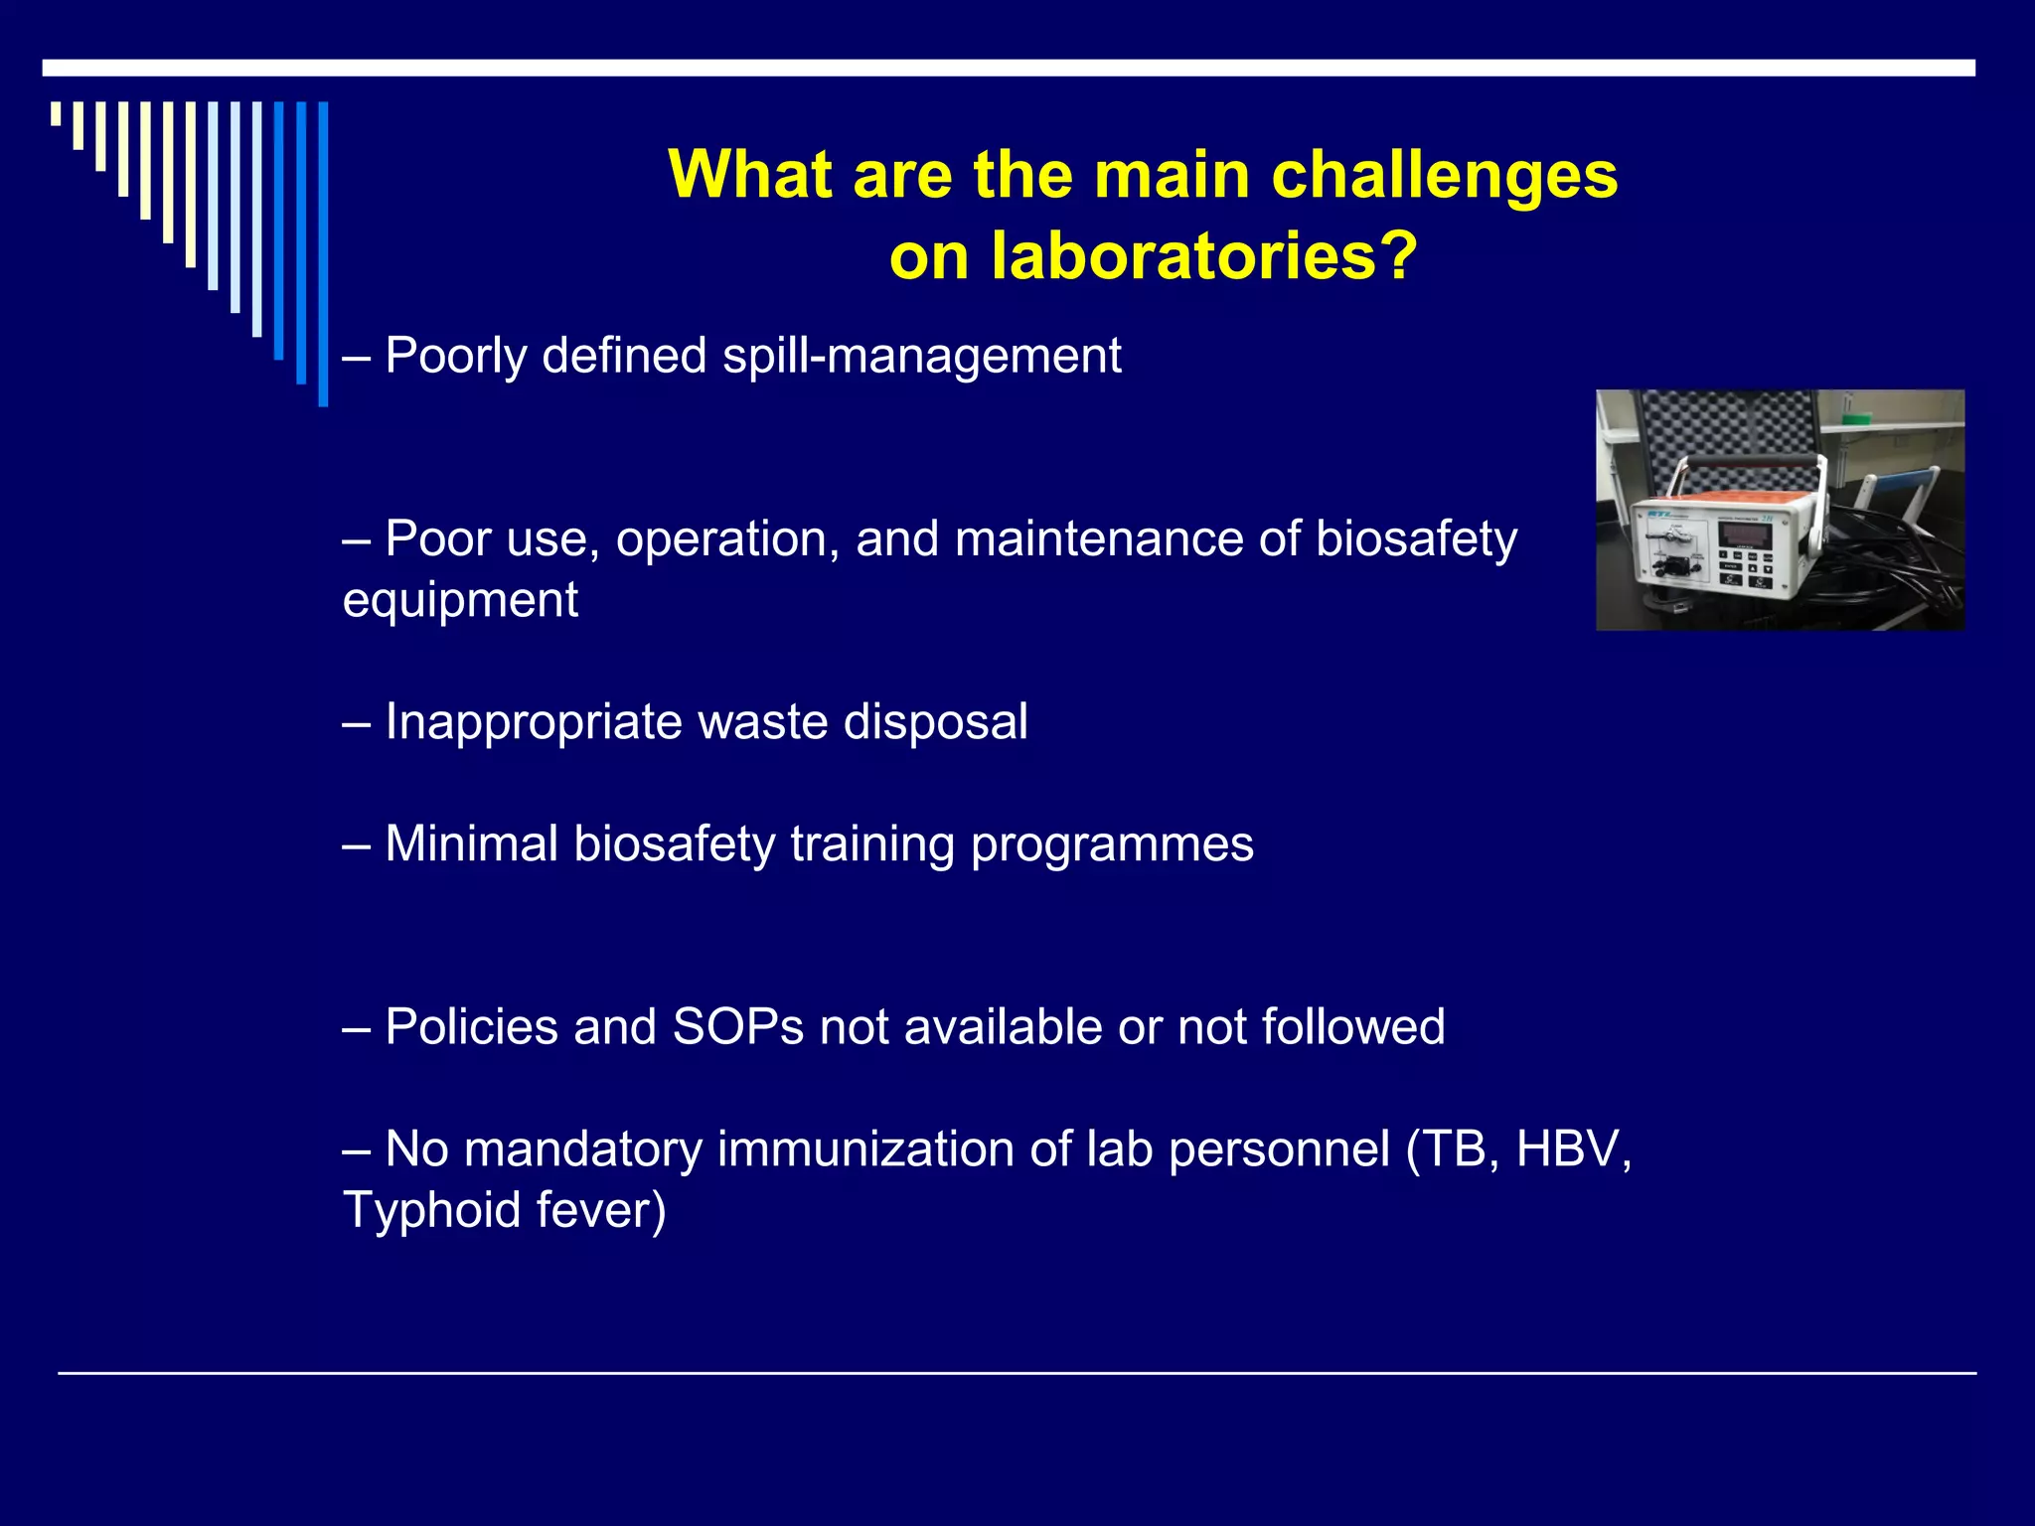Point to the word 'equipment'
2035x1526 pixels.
point(460,600)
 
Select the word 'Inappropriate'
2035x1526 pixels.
point(533,722)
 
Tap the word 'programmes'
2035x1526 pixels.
point(1112,844)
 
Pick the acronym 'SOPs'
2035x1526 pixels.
point(737,1027)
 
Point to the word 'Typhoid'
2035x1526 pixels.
point(431,1210)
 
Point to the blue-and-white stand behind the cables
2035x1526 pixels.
point(1893,497)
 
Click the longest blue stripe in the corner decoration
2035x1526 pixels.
point(323,253)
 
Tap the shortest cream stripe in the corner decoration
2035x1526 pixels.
point(57,114)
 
